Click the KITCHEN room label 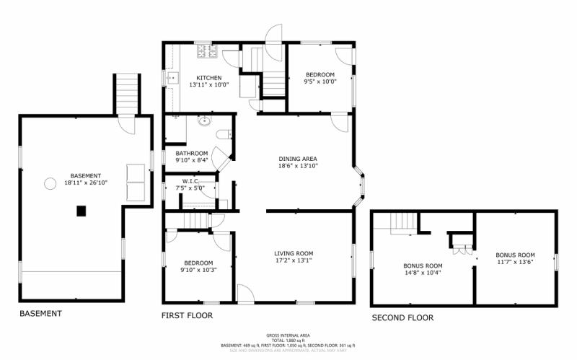208,78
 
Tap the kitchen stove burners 207,51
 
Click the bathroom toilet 224,133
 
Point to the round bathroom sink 204,121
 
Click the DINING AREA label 298,159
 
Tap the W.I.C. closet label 191,181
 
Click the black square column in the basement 82,211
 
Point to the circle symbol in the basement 50,183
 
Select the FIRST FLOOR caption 186,316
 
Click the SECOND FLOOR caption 402,317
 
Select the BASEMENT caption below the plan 40,314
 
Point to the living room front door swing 245,292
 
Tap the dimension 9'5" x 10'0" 320,82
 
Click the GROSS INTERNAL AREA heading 288,335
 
